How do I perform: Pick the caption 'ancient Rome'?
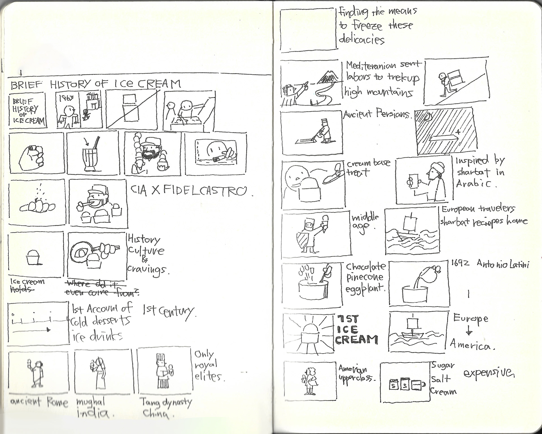(x=39, y=402)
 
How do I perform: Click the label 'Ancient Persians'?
(x=377, y=114)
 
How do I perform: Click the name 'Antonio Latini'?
(x=502, y=264)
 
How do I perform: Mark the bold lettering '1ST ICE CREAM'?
(x=356, y=330)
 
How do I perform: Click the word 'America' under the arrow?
(x=471, y=345)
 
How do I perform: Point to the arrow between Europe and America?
(x=469, y=331)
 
